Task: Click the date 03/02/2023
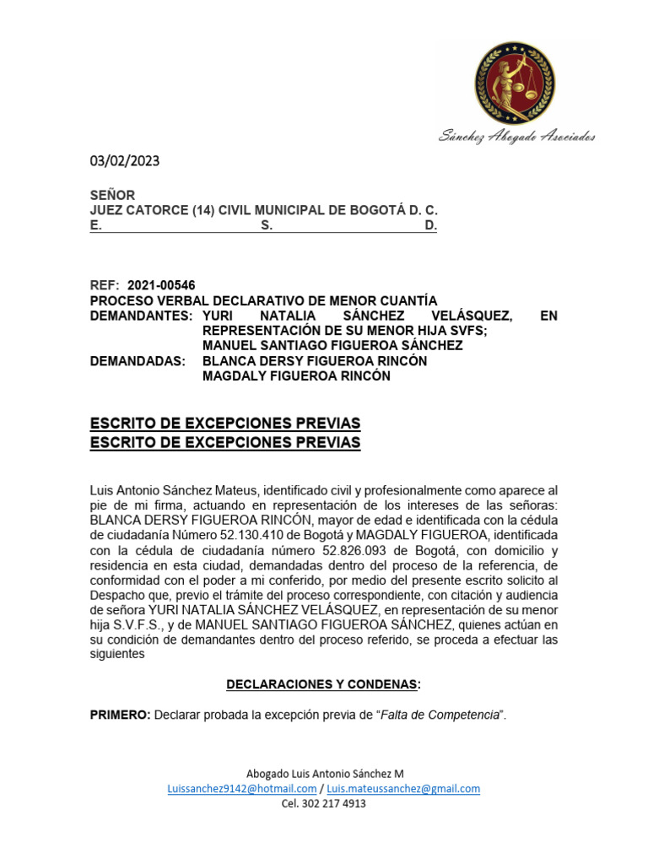[125, 161]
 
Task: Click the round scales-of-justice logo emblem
[515, 83]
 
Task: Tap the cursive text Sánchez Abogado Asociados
[516, 137]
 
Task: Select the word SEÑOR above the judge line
[112, 195]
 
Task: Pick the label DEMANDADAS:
[138, 361]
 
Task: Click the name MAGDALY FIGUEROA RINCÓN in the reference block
[296, 376]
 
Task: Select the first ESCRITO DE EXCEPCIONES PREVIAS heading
[225, 423]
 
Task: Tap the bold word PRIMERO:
[121, 715]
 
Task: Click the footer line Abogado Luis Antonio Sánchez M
[324, 774]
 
